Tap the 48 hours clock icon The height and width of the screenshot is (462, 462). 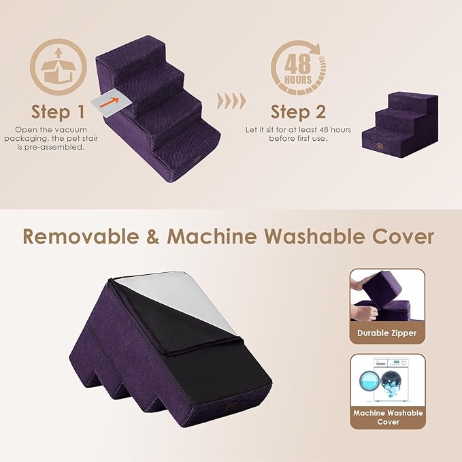[x=299, y=69]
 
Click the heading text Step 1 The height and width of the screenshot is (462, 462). [x=59, y=111]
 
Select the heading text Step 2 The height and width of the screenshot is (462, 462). [x=298, y=111]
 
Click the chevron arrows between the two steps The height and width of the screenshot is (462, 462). [x=231, y=102]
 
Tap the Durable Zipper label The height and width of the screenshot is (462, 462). [x=387, y=333]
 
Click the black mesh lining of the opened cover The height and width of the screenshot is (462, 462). [x=204, y=354]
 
